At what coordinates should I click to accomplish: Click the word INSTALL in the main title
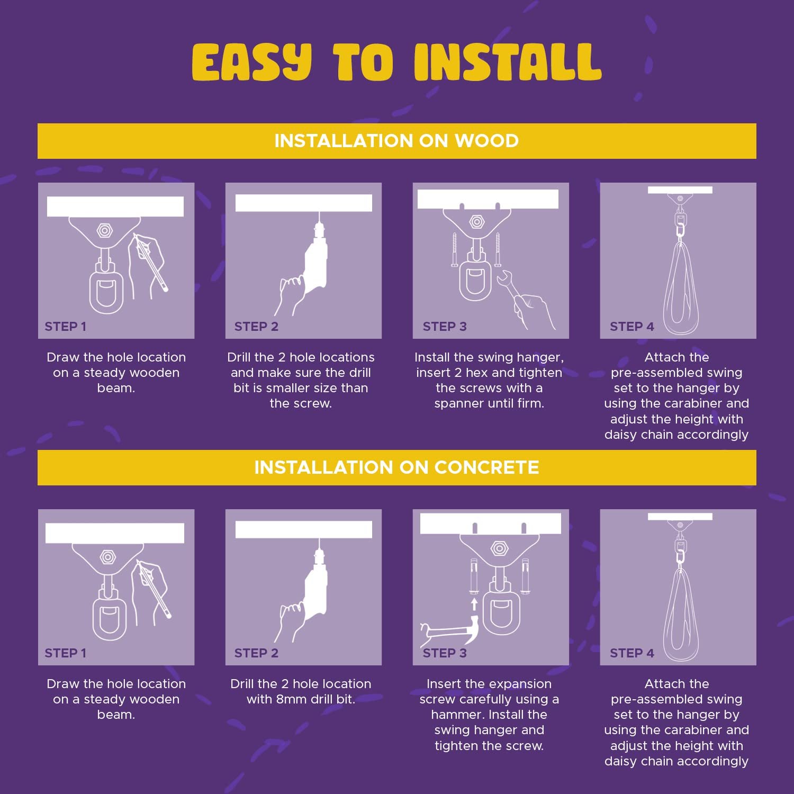pyautogui.click(x=508, y=61)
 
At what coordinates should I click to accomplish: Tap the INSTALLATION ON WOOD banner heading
pyautogui.click(x=396, y=141)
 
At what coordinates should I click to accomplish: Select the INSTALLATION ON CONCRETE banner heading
pyautogui.click(x=396, y=467)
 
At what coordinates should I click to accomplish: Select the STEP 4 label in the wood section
pyautogui.click(x=631, y=327)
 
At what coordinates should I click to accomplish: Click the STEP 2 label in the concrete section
pyautogui.click(x=256, y=653)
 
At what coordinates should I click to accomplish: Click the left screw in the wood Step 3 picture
pyautogui.click(x=454, y=249)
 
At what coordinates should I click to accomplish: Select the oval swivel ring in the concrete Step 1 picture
pyautogui.click(x=108, y=617)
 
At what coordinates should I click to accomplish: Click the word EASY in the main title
pyautogui.click(x=252, y=62)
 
